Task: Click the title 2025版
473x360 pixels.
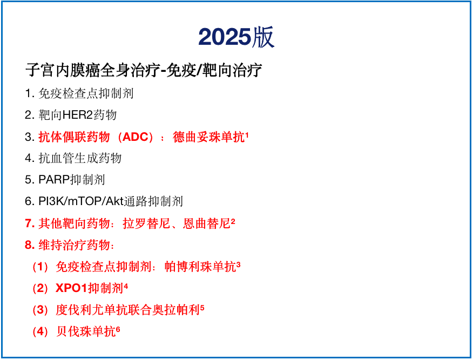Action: click(x=236, y=37)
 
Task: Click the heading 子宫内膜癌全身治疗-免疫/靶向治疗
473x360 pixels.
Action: click(x=144, y=70)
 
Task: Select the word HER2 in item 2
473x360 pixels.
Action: click(x=78, y=115)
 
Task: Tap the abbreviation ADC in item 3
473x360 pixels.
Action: click(x=136, y=137)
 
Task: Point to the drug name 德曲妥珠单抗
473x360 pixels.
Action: click(x=208, y=137)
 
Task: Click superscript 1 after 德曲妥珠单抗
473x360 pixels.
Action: click(x=247, y=135)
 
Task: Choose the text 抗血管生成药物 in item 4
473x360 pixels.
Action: click(x=80, y=158)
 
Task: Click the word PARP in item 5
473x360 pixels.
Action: click(x=54, y=180)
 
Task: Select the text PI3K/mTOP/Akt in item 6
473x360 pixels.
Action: click(x=81, y=201)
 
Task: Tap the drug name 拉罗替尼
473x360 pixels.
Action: click(x=146, y=223)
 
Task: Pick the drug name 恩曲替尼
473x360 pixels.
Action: click(x=207, y=223)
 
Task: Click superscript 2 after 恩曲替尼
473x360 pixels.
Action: click(x=233, y=222)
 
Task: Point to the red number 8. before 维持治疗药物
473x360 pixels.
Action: click(x=30, y=245)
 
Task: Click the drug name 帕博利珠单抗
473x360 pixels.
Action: click(x=200, y=267)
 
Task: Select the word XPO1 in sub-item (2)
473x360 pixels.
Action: click(x=71, y=288)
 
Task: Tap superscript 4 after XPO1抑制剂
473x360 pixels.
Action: click(x=126, y=286)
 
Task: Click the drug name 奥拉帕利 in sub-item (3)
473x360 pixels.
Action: click(x=176, y=310)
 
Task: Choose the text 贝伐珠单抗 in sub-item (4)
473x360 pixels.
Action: click(x=86, y=331)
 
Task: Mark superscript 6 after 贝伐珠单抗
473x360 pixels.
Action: click(x=118, y=330)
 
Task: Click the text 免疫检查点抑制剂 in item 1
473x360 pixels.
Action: click(x=86, y=93)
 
